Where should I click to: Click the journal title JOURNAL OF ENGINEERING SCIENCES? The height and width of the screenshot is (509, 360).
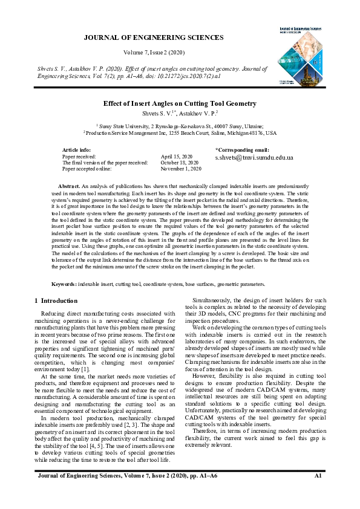click(153, 37)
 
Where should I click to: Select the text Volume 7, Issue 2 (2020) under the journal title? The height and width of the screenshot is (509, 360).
click(153, 53)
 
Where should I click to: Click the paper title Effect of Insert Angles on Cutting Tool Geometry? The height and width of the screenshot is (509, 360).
click(180, 104)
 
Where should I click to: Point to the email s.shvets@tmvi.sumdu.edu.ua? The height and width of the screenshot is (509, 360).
click(254, 157)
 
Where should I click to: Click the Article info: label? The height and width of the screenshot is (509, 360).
click(77, 150)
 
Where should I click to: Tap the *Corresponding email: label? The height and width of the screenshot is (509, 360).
click(242, 149)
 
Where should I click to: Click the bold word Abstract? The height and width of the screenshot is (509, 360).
click(68, 186)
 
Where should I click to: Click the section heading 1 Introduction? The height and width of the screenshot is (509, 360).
click(56, 300)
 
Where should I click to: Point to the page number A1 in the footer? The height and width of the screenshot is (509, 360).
click(318, 494)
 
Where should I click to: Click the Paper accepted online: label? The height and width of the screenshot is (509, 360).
click(87, 169)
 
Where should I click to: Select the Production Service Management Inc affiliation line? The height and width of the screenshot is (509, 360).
click(180, 132)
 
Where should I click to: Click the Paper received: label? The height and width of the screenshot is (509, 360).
click(79, 157)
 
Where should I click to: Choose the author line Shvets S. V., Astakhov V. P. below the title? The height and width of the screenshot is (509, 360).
click(180, 113)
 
